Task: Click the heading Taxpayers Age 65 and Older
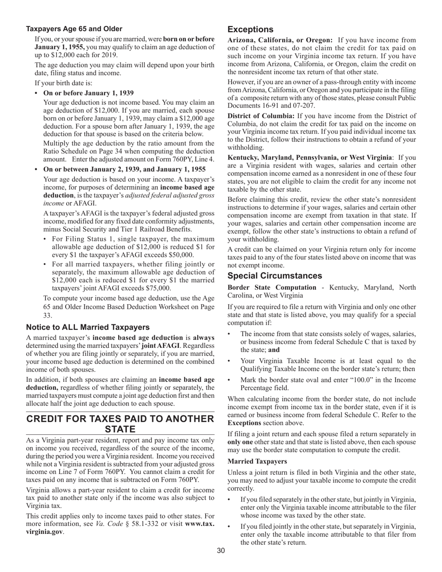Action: pyautogui.click(x=74, y=29)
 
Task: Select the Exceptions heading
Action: pyautogui.click(x=250, y=29)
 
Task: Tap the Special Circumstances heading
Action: pyautogui.click(x=275, y=275)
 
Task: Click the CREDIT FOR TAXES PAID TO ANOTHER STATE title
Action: pyautogui.click(x=120, y=424)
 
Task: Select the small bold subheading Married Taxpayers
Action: pyautogui.click(x=257, y=461)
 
